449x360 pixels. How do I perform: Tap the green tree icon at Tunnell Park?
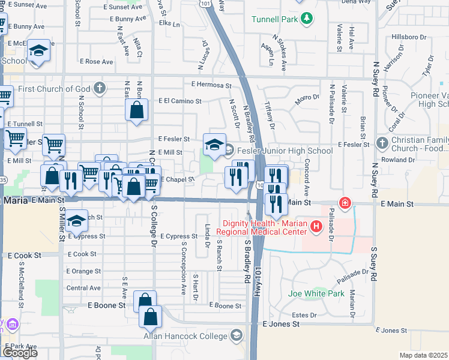[307, 19]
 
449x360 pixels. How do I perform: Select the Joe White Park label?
[316, 293]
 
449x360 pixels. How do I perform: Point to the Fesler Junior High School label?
[285, 151]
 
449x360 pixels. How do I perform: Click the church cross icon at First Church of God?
[100, 89]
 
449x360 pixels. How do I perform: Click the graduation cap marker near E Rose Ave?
[38, 51]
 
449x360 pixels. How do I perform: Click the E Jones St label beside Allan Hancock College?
[281, 324]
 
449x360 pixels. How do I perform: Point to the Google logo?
[19, 353]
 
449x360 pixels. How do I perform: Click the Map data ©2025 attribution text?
[424, 355]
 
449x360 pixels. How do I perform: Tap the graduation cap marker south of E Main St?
[76, 220]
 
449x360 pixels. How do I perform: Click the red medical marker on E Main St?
[345, 203]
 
